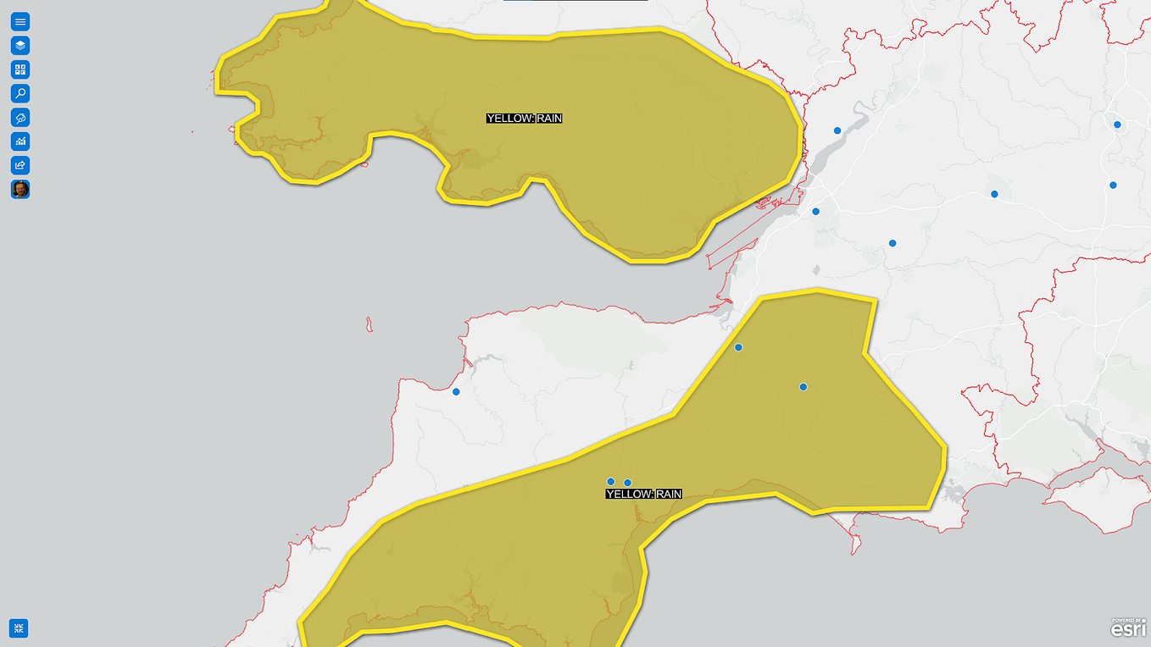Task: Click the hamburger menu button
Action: point(20,22)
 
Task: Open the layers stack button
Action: point(20,46)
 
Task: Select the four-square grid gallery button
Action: point(20,69)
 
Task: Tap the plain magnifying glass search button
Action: point(20,93)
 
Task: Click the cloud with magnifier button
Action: point(20,117)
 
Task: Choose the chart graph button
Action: point(20,141)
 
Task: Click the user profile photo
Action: point(20,189)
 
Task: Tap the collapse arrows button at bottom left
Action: point(19,628)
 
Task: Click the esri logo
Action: point(1128,628)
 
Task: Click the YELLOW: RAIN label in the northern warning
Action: point(524,119)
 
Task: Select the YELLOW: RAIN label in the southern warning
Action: point(643,494)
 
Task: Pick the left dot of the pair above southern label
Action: point(610,482)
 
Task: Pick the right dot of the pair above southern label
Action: point(627,483)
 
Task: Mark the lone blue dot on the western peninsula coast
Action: point(456,391)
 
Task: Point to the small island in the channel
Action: point(369,324)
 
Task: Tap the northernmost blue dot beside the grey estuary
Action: point(837,130)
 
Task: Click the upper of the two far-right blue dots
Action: point(1117,124)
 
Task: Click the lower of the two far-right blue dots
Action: point(1113,185)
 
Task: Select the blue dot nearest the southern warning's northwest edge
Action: point(738,347)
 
